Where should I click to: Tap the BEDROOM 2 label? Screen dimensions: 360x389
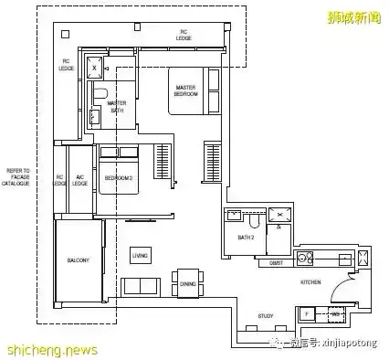point(120,177)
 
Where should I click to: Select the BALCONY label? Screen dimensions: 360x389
point(78,261)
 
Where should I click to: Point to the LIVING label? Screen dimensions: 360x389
point(140,255)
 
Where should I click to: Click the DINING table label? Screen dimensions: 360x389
point(186,284)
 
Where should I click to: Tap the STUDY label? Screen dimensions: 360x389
point(266,315)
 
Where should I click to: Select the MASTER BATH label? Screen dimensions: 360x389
point(117,106)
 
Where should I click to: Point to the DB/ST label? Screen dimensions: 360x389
point(276,263)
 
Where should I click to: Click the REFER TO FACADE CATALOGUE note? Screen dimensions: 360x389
point(18,177)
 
